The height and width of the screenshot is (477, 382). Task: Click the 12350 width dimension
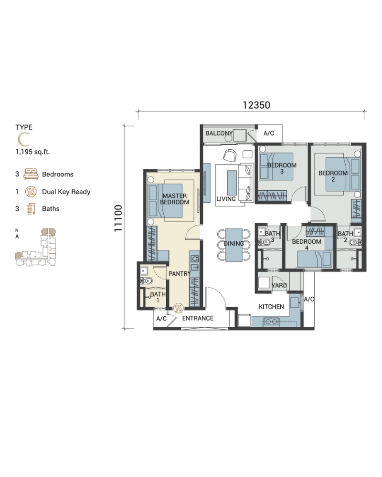click(256, 105)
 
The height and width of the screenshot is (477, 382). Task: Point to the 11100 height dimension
click(118, 218)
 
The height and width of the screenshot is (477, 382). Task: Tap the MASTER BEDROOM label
click(175, 199)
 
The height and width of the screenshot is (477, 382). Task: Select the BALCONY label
click(219, 133)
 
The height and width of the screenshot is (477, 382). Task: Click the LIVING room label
click(226, 199)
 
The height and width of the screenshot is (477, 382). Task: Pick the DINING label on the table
click(233, 244)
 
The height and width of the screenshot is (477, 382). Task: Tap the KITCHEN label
click(271, 307)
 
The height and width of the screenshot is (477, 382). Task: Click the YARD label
click(279, 285)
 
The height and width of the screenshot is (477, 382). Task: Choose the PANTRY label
click(180, 274)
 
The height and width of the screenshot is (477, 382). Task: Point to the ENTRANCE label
click(198, 318)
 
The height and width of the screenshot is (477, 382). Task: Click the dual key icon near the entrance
click(179, 308)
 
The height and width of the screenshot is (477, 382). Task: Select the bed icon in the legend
click(31, 174)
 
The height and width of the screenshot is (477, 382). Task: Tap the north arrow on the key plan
click(17, 236)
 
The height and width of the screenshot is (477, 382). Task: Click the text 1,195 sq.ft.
click(32, 152)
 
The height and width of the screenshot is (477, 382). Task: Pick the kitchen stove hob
click(271, 321)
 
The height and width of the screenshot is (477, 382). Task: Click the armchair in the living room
click(229, 156)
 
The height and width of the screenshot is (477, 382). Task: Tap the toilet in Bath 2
click(355, 242)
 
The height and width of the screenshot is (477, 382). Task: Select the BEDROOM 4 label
click(307, 245)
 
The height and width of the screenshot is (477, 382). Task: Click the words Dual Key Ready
click(66, 192)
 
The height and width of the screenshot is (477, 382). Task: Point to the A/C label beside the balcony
click(269, 133)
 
